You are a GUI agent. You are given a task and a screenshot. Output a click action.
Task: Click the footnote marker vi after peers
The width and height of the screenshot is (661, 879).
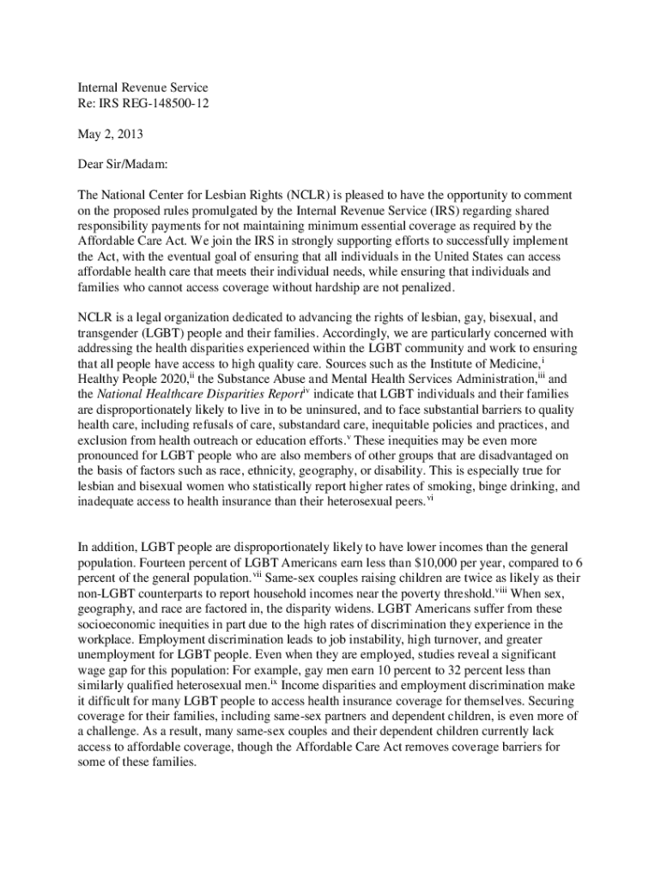430,499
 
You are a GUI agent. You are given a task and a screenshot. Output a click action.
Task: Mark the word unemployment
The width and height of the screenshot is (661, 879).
117,654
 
